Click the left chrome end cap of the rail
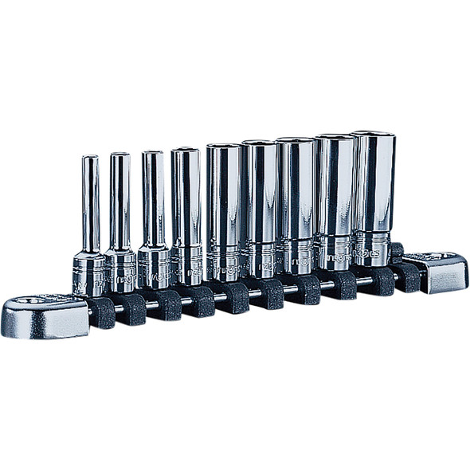click(x=44, y=316)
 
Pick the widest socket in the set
click(x=373, y=195)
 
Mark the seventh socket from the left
click(x=296, y=199)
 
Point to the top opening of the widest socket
click(x=373, y=135)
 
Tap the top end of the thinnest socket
click(x=90, y=159)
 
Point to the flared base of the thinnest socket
click(x=89, y=275)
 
